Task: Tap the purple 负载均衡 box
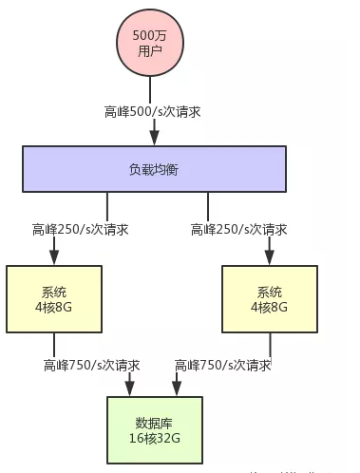tap(153, 168)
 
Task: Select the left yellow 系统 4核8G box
tap(54, 298)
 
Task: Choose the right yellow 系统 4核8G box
tap(270, 298)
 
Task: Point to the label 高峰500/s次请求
tap(152, 111)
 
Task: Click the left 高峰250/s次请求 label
tap(80, 229)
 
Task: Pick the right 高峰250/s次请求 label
tap(238, 229)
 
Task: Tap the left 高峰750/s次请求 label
tap(91, 365)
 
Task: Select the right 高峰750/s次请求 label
tap(223, 365)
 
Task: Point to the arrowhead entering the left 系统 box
tap(54, 258)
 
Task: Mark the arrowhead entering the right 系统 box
tap(270, 258)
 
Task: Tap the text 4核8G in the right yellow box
tap(270, 307)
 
